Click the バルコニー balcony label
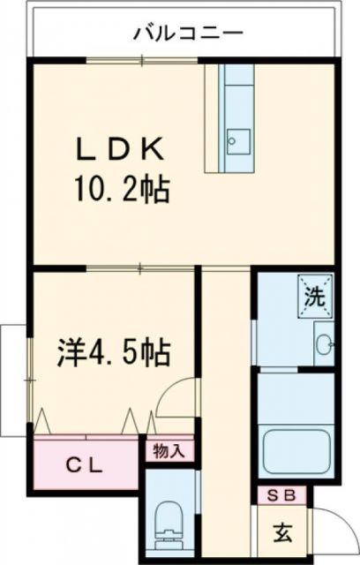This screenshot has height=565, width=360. [x=187, y=34]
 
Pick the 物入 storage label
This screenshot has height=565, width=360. [x=167, y=451]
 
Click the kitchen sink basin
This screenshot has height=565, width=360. [x=237, y=139]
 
